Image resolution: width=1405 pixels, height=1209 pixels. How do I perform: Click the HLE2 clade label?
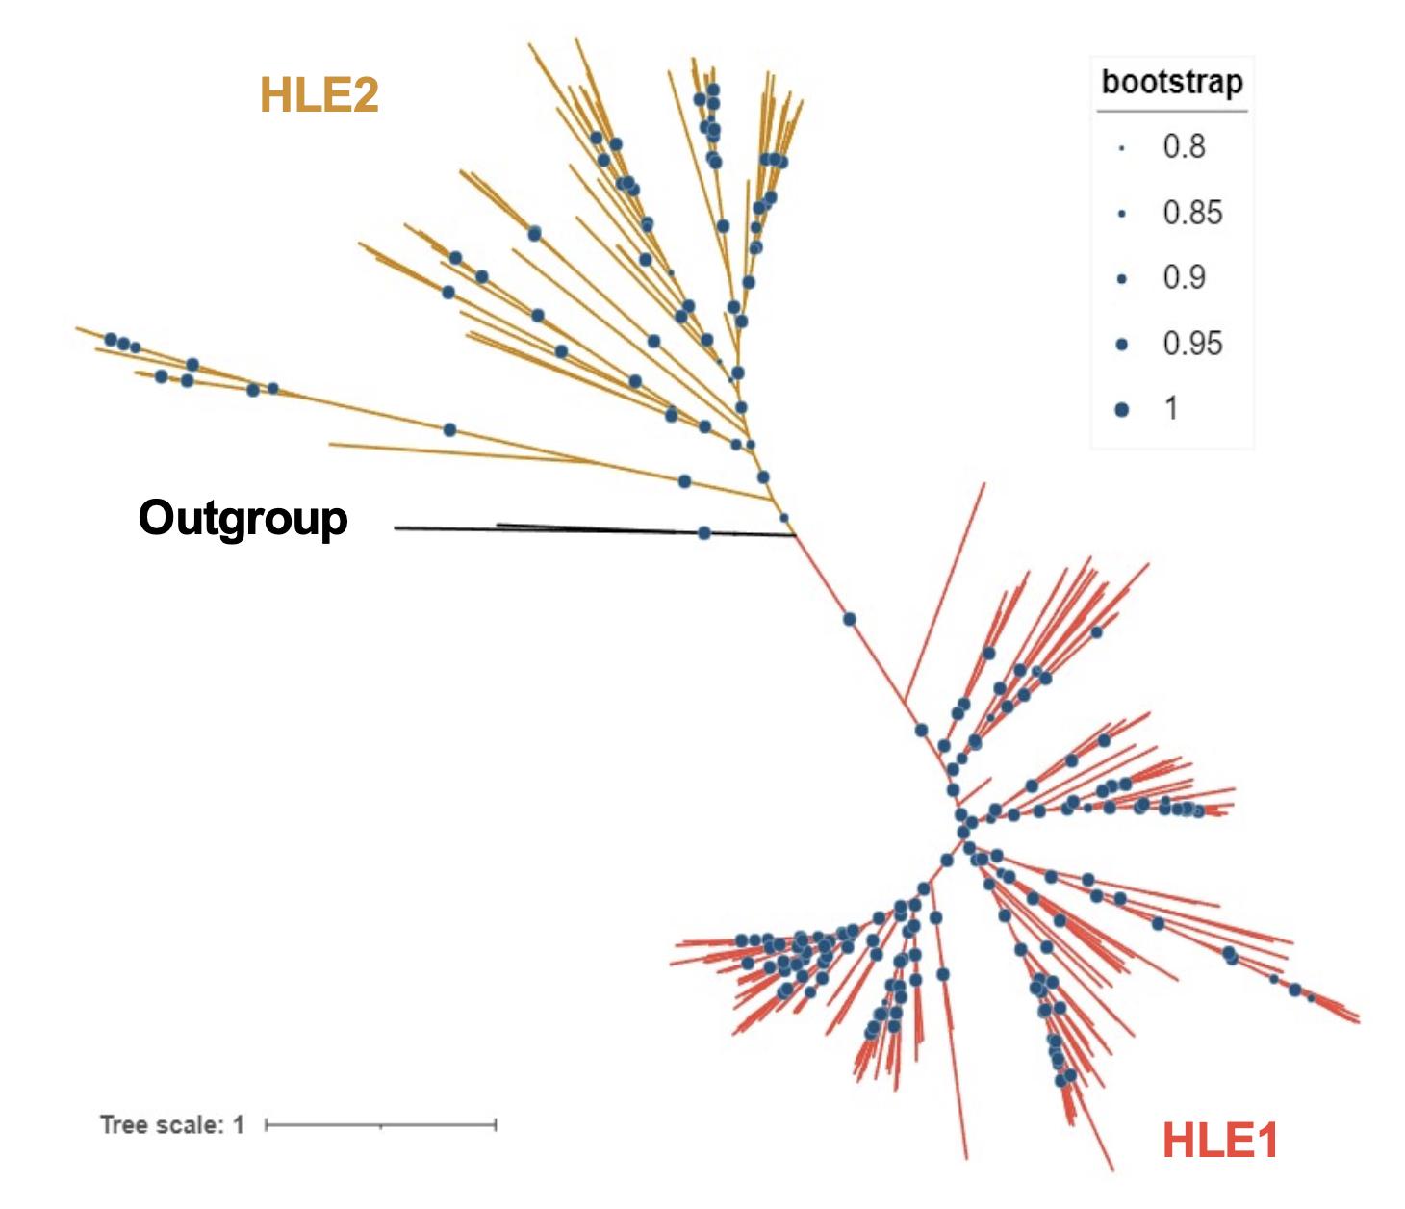(319, 94)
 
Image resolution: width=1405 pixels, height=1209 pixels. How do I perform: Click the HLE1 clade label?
(1219, 1141)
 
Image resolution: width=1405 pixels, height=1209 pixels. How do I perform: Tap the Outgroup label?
(243, 518)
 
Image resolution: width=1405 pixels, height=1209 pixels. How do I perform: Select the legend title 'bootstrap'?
(1172, 82)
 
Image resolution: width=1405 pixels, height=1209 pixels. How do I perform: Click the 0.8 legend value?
(1184, 146)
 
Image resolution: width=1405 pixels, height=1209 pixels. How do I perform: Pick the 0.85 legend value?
(1192, 212)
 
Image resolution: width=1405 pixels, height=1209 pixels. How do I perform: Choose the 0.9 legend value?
(1184, 277)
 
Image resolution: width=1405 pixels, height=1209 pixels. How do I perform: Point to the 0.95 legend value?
(1192, 343)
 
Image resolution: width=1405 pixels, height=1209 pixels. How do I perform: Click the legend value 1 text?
(1171, 408)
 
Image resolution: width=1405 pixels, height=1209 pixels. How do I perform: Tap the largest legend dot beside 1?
(1121, 409)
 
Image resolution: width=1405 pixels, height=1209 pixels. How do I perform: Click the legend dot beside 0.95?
(1121, 344)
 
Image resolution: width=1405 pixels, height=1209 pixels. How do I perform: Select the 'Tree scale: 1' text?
(172, 1124)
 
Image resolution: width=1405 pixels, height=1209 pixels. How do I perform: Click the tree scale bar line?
(380, 1124)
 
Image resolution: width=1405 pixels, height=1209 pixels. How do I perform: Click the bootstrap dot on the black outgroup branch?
(704, 532)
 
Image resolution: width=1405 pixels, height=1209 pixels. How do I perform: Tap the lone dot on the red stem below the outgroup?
(849, 619)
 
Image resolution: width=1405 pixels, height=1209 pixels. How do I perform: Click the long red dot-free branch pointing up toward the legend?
(948, 587)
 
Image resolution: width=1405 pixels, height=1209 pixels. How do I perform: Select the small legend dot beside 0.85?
(1121, 214)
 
